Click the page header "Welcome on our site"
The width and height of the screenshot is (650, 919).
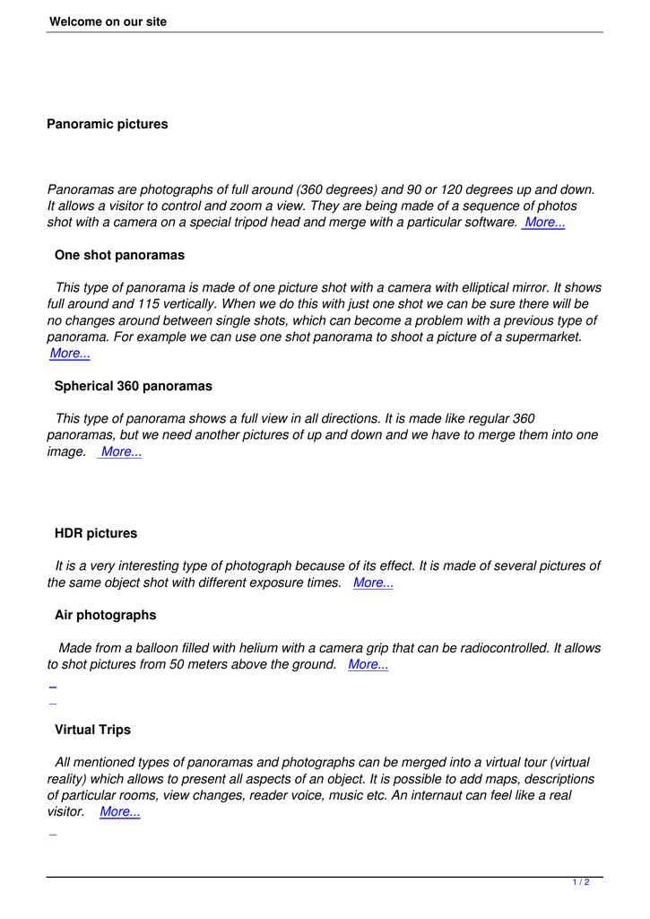[108, 22]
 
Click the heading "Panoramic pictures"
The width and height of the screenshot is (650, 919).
[107, 124]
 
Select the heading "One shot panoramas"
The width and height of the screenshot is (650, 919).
[119, 255]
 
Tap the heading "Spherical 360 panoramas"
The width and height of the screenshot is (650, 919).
[133, 386]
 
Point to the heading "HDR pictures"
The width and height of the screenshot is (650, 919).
[96, 533]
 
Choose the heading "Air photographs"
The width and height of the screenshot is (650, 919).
[105, 615]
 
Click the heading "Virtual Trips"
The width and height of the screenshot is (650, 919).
[92, 730]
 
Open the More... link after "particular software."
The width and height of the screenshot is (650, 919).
[544, 223]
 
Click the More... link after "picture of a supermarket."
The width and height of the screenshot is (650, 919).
[70, 354]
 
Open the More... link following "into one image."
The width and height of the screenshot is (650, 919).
[121, 452]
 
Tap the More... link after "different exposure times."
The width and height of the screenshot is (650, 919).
[373, 583]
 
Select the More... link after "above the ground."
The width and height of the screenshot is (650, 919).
[368, 665]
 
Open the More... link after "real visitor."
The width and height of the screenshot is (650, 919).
[119, 812]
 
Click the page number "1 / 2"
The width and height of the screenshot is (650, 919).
[580, 883]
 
